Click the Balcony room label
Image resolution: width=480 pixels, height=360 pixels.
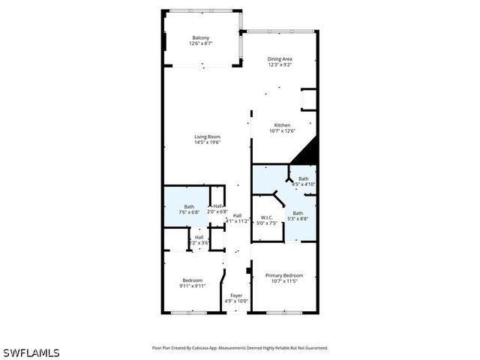(200, 38)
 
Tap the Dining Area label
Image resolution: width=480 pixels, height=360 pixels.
(280, 58)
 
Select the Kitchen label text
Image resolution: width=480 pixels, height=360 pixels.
(282, 125)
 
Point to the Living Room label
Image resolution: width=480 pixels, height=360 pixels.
(207, 136)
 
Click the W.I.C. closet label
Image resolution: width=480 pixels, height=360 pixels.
(267, 217)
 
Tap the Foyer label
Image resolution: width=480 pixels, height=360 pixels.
(236, 295)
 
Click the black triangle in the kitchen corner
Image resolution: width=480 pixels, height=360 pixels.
(308, 154)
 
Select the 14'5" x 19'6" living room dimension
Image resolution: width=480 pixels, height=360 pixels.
(207, 142)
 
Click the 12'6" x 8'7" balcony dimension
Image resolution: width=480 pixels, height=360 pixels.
(200, 44)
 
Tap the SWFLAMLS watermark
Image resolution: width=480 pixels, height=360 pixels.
(31, 352)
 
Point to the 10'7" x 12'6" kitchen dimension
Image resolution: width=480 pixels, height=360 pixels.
(282, 131)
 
